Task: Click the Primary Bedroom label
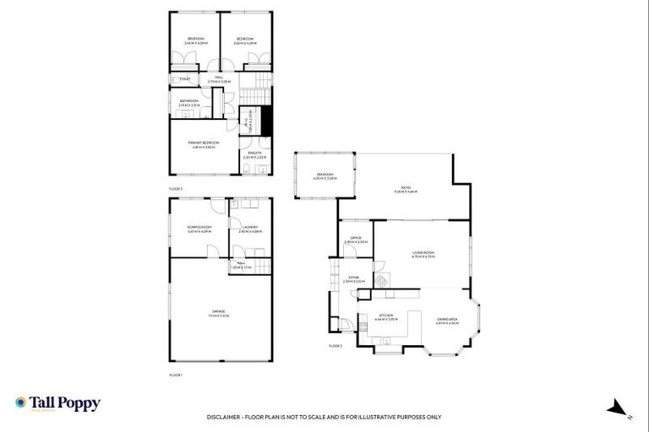204,143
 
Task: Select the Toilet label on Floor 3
183,79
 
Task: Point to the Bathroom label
188,101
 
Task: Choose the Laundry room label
250,227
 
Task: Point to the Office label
356,238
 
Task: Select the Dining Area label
447,319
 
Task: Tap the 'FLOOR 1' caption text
176,374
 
